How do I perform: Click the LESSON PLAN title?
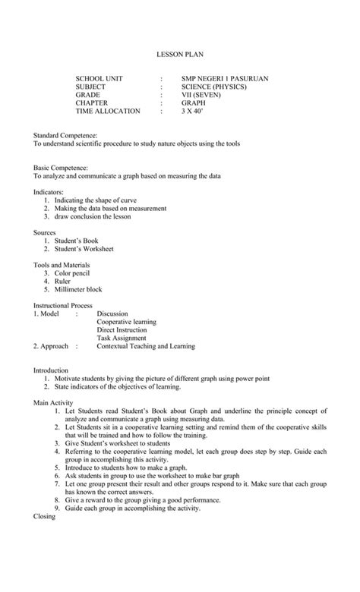180,55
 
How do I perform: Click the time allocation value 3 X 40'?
193,111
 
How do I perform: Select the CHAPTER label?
91,103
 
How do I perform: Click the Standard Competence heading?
65,135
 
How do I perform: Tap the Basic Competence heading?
61,167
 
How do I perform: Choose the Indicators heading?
49,192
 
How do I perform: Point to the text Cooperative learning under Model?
126,322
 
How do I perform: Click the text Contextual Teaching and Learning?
146,346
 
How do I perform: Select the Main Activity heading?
53,402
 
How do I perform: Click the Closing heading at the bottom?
46,516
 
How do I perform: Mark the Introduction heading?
51,370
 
